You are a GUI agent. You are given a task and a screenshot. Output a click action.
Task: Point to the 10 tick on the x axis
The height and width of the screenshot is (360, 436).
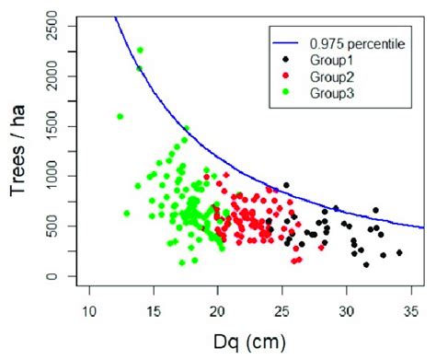click(89, 308)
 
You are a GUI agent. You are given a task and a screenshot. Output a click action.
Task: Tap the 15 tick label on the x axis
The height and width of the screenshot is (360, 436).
click(153, 308)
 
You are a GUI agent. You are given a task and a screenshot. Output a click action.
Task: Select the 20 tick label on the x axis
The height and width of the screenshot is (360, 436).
click(217, 308)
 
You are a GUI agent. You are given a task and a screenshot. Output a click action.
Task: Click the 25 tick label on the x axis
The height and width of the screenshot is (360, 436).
click(281, 308)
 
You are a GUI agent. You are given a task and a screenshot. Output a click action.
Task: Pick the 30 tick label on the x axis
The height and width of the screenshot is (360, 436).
click(346, 308)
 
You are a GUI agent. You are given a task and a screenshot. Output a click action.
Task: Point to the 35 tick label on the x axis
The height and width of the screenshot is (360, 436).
click(410, 308)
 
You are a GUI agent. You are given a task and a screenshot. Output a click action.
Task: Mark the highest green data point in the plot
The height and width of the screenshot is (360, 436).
click(140, 50)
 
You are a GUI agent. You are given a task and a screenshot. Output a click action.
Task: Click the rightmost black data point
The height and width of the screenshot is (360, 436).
click(399, 252)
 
